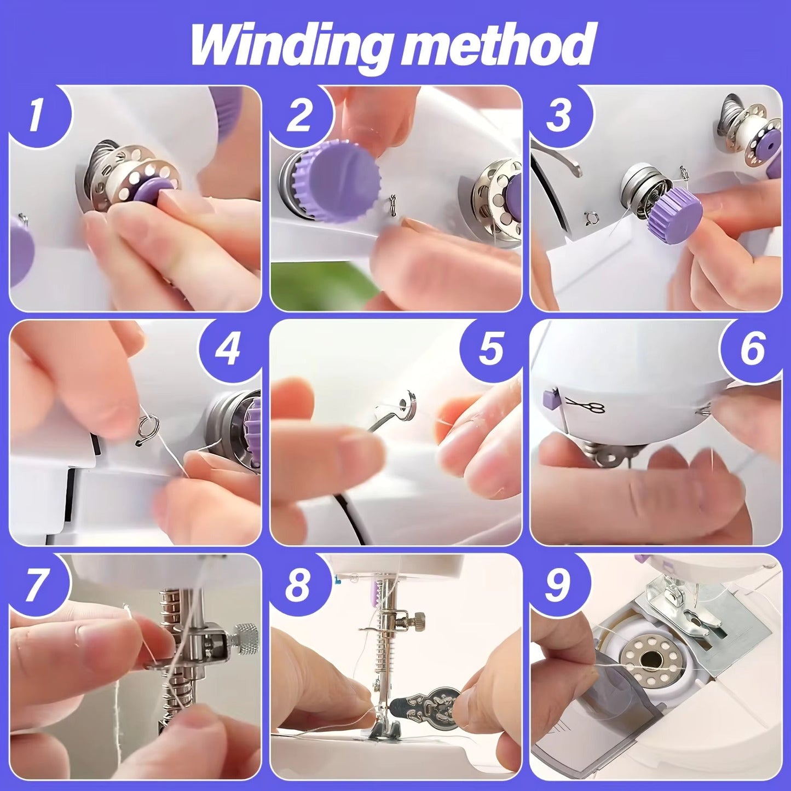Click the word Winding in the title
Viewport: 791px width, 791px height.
point(291,45)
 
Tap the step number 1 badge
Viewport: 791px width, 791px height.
point(36,117)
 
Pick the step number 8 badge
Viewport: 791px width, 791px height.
point(298,584)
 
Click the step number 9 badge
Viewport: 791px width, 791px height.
point(558,584)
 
